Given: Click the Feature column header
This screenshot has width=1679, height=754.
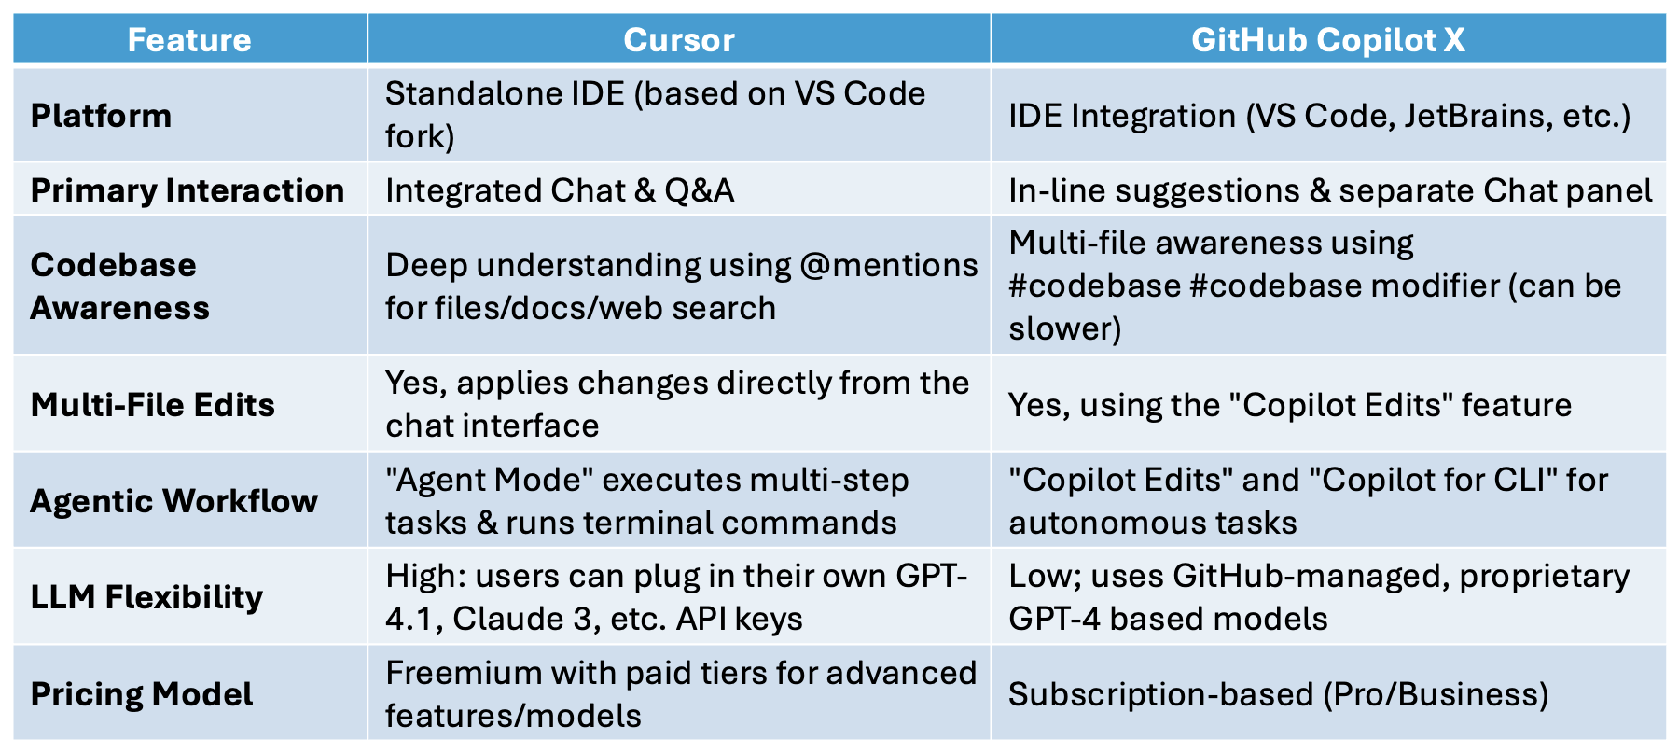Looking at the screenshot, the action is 189,40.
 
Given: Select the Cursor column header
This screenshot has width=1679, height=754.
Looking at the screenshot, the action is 679,40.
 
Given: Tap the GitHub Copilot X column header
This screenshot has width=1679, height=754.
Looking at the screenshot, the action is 1328,40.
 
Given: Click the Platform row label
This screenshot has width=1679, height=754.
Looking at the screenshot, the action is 101,116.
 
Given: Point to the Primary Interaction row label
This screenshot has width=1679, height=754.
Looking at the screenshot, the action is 187,190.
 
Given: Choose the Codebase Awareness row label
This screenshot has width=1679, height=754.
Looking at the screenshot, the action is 120,286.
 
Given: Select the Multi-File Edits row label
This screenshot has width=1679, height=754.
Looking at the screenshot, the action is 153,405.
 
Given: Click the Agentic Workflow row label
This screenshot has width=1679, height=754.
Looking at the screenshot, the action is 174,501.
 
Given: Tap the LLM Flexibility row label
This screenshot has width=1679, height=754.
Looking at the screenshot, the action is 146,597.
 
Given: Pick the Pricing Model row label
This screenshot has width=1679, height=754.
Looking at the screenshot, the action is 142,694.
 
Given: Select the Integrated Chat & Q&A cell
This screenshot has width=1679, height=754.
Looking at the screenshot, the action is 560,190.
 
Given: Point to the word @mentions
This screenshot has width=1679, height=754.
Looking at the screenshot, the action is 889,265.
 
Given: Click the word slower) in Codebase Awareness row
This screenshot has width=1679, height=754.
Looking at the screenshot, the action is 1065,328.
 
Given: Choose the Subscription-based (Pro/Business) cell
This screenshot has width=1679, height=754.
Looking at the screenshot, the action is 1279,694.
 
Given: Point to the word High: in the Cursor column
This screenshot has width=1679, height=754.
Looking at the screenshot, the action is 426,577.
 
